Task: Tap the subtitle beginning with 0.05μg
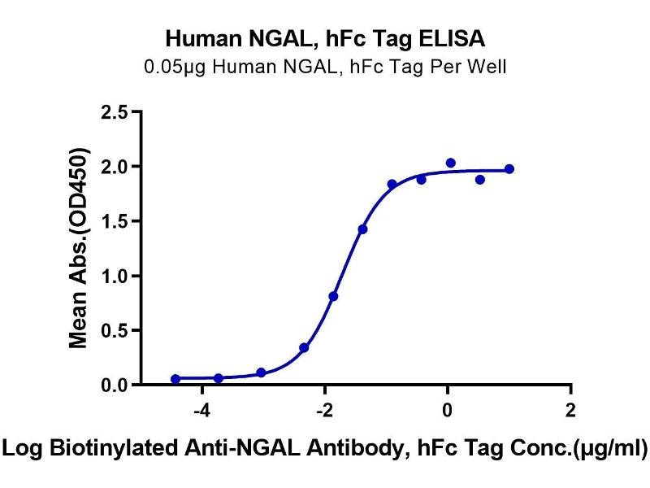[325, 67]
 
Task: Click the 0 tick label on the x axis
[448, 410]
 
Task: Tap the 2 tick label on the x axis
[570, 410]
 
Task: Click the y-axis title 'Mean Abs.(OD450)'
[79, 248]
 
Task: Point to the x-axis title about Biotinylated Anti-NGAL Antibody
[325, 447]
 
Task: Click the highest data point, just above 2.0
[451, 163]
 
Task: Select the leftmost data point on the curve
[175, 379]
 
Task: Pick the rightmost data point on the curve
[509, 169]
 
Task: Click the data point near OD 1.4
[362, 229]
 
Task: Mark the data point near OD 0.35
[304, 347]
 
